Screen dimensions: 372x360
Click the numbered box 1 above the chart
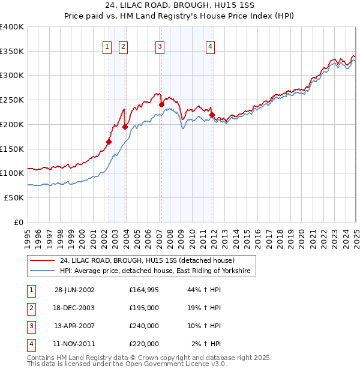[107, 47]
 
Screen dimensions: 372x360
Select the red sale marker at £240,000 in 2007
[161, 104]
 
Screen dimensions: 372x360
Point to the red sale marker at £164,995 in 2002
[109, 142]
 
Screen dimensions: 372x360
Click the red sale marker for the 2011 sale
[212, 115]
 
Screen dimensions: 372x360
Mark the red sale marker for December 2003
[125, 127]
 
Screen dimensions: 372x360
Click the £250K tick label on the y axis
[11, 100]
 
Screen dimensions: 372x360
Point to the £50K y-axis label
[14, 197]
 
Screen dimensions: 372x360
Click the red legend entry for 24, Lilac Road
[151, 260]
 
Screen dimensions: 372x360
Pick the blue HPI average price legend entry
[158, 271]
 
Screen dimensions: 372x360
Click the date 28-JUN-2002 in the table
[74, 290]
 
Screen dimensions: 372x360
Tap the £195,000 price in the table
[144, 308]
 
